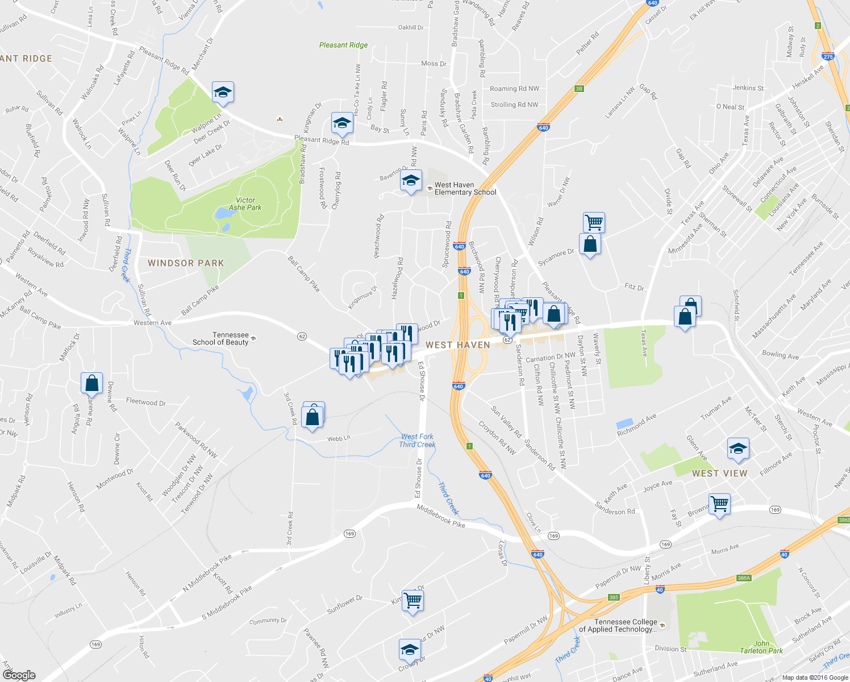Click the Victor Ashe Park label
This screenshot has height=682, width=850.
[245, 203]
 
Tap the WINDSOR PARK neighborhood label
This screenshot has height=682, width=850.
[186, 263]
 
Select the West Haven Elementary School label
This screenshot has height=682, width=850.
[465, 189]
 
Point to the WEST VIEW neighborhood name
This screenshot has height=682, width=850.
[719, 473]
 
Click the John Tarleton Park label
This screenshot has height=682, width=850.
[761, 647]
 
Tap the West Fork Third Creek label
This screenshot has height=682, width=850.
[417, 440]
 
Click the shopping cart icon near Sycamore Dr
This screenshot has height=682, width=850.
[594, 222]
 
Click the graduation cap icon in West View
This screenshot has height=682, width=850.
[738, 448]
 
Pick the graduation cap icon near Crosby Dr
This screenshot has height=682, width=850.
[410, 649]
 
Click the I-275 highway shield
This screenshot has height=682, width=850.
[827, 56]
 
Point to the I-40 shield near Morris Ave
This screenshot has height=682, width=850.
[784, 554]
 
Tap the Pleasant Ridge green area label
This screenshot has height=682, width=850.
[343, 45]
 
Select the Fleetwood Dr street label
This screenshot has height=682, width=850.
[146, 402]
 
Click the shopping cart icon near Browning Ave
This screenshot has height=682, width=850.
[719, 504]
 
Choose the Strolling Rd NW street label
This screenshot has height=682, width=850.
[514, 105]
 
